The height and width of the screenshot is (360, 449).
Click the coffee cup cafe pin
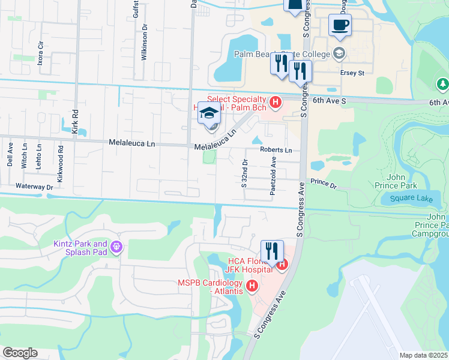coord(340,25)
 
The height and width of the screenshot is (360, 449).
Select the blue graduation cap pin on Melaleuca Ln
coord(209,112)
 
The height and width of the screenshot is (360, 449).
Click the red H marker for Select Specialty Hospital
coord(276,103)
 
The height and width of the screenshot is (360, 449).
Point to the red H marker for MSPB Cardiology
coord(252,286)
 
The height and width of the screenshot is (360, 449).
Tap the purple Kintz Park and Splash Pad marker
coord(116,247)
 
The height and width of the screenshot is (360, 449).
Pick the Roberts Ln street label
coord(276,150)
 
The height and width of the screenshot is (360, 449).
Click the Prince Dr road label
coord(324,182)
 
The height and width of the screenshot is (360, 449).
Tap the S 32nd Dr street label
coord(244,173)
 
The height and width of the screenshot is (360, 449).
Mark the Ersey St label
coord(353,73)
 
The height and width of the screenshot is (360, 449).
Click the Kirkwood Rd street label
coord(61,157)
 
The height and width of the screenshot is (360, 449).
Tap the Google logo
coord(20,353)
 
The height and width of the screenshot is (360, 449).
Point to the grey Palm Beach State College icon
coord(340,54)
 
